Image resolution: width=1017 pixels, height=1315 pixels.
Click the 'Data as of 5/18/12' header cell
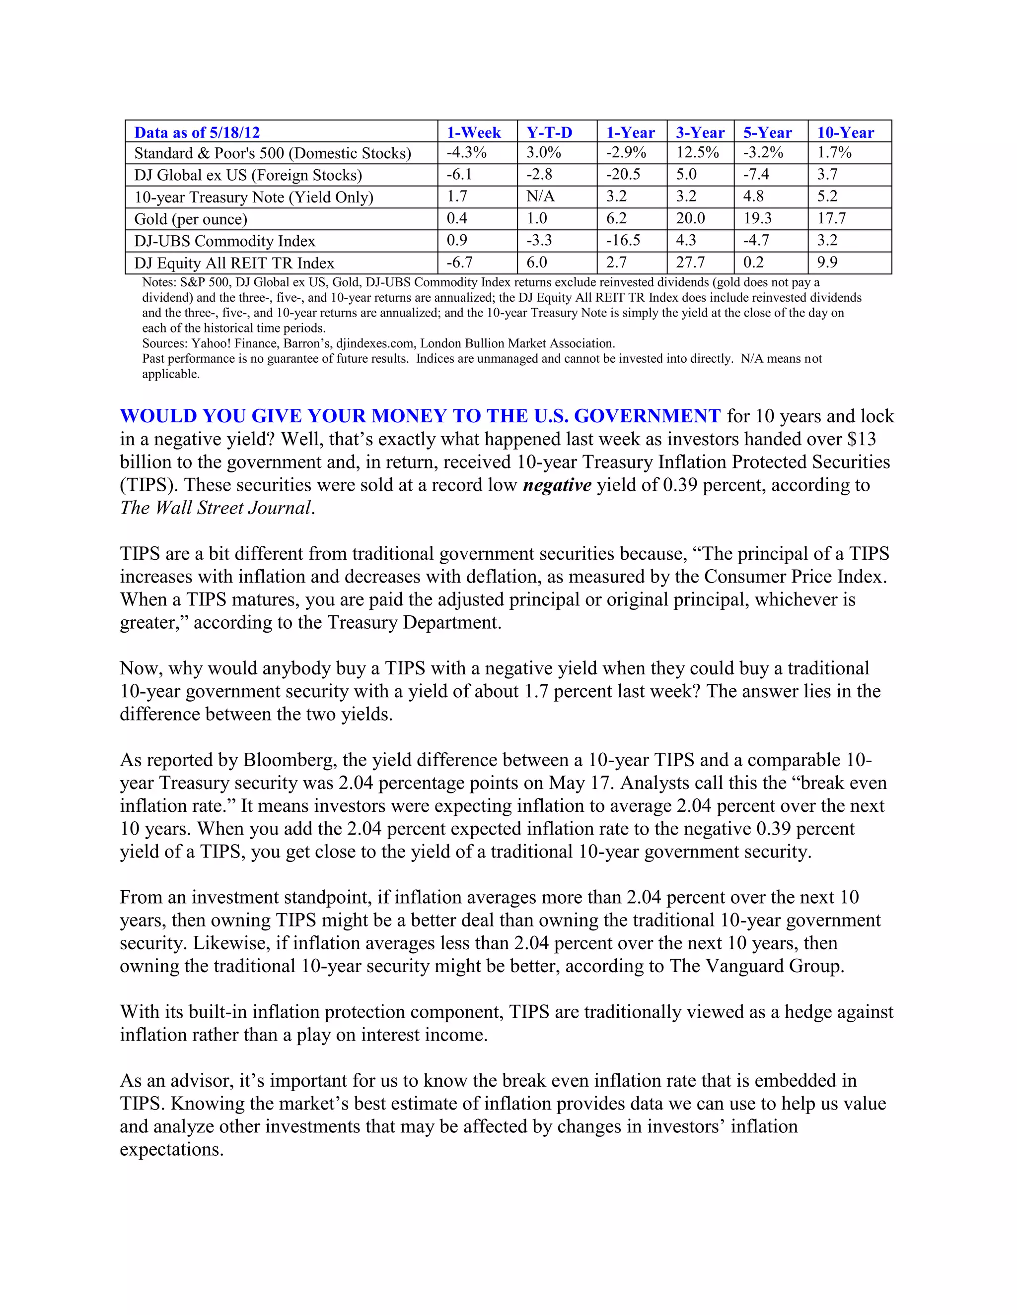coord(197,132)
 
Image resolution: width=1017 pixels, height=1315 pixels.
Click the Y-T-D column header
coord(549,132)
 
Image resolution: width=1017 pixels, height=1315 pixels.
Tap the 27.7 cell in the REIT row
coord(690,263)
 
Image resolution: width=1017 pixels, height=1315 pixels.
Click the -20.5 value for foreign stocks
coord(623,175)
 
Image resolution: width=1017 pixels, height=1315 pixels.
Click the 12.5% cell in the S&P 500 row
coord(697,152)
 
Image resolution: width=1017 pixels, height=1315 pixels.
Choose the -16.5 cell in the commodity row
coord(623,240)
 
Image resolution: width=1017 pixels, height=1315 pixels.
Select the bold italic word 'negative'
coord(557,485)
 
